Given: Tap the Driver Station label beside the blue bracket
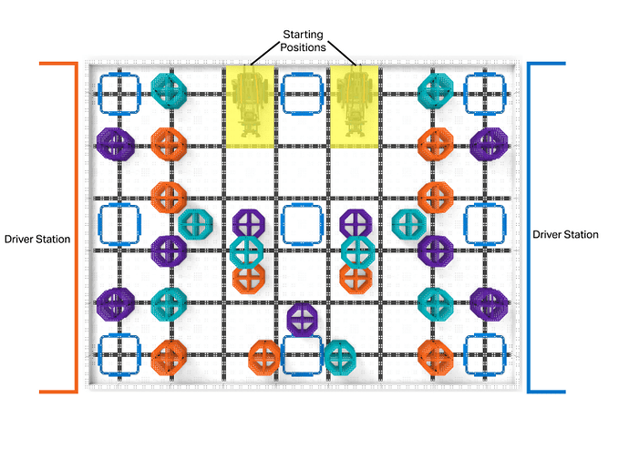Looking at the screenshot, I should (x=566, y=235).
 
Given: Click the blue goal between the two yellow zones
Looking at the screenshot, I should (x=303, y=92).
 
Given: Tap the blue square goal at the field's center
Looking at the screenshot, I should (x=302, y=223).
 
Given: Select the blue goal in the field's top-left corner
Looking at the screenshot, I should (x=119, y=92).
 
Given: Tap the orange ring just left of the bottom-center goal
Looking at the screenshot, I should (x=265, y=357).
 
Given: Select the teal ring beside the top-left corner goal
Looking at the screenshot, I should (x=168, y=89).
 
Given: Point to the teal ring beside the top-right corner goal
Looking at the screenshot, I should (x=436, y=89).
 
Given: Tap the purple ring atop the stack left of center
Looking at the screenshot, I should (x=248, y=223).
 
